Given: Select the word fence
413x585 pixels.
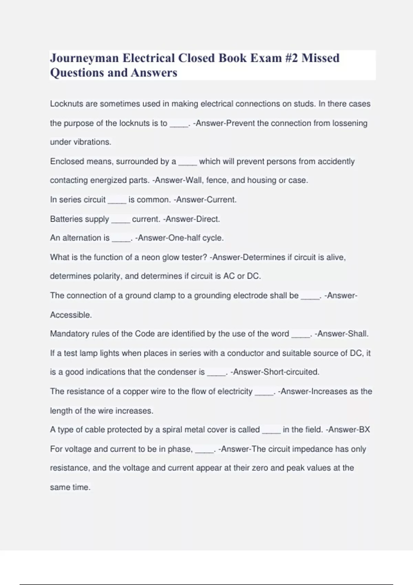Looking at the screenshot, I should (216, 180).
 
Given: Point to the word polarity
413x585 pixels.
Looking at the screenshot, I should (108, 276).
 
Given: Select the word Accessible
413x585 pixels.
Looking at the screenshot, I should (71, 315).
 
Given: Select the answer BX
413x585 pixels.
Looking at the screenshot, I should (364, 430).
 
